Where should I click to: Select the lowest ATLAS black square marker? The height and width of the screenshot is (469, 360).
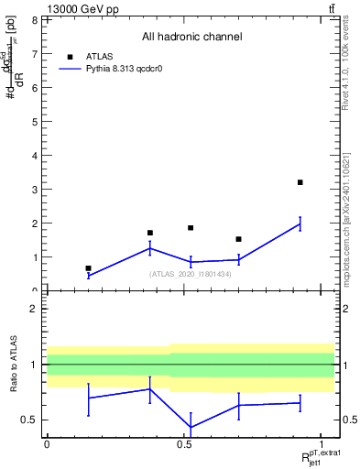coord(88,268)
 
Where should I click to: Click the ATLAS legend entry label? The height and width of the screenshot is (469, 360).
coord(98,55)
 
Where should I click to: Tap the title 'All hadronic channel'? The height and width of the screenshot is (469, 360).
coord(191,37)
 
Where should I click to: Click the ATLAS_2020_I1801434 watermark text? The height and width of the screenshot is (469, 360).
coord(190,273)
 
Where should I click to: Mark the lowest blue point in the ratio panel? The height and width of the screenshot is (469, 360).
coord(191,427)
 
